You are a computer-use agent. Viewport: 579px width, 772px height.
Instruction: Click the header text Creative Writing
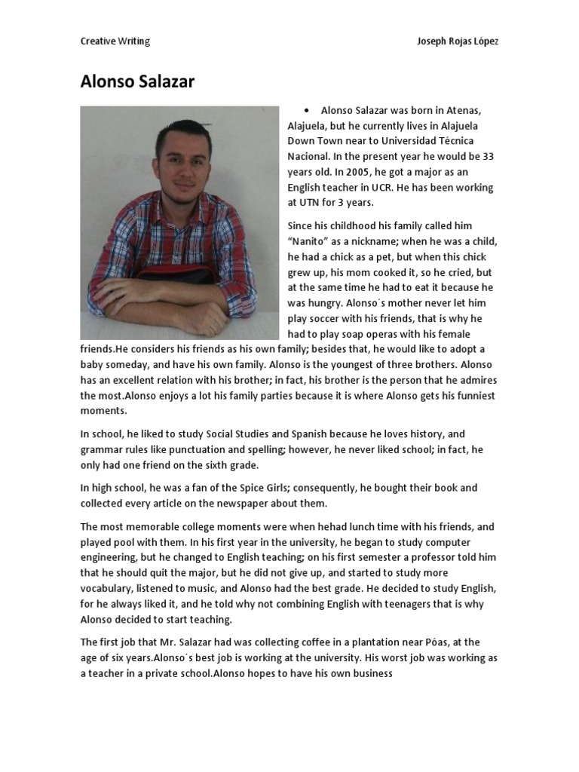pyautogui.click(x=115, y=41)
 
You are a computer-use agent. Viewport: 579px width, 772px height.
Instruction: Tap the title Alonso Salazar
pyautogui.click(x=137, y=82)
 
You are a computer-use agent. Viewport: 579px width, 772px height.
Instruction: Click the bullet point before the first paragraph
pyautogui.click(x=308, y=110)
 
